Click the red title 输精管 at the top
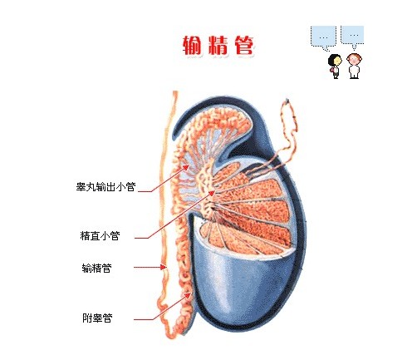click(x=218, y=46)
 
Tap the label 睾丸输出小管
click(x=105, y=187)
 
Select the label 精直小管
click(x=100, y=236)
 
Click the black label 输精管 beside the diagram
click(x=96, y=268)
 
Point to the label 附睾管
click(x=97, y=318)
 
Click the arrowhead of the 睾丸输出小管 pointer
click(x=187, y=167)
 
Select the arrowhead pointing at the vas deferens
click(x=164, y=267)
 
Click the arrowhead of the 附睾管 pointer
click(x=189, y=295)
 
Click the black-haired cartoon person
click(x=335, y=66)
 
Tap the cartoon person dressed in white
click(x=354, y=66)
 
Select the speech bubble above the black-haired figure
click(x=323, y=38)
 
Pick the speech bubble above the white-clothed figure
click(x=352, y=37)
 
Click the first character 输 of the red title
click(x=192, y=46)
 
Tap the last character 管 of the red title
click(x=244, y=46)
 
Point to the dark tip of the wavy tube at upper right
click(x=287, y=101)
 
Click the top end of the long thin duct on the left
click(x=174, y=92)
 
